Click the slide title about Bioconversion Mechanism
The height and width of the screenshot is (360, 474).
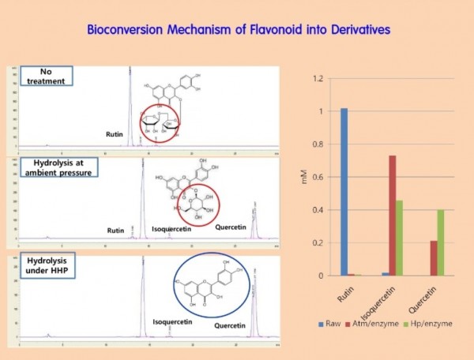(x=236, y=31)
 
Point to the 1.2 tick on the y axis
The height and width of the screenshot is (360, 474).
(x=318, y=79)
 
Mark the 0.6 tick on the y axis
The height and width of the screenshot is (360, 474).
(x=318, y=177)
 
